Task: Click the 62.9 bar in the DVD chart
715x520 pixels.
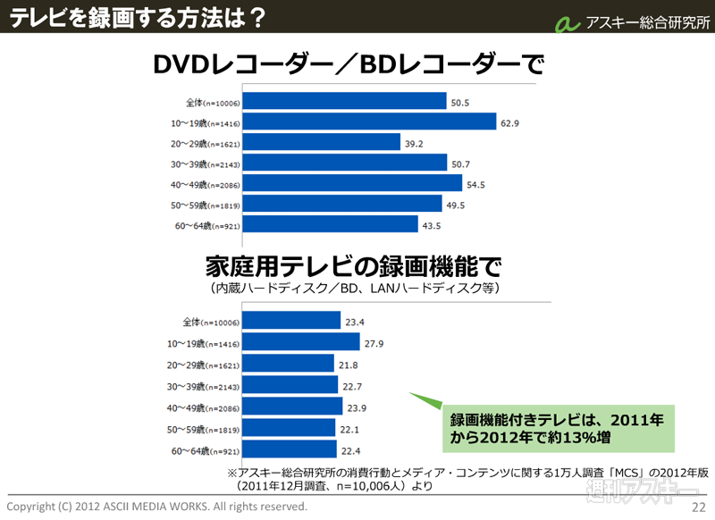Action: pos(370,122)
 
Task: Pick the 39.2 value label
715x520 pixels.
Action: pos(412,143)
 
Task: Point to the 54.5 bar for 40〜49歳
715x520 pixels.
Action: pos(353,183)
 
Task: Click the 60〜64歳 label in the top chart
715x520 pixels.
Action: pos(206,225)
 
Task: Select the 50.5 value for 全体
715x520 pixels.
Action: pos(460,102)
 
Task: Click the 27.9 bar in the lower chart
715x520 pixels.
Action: pos(302,342)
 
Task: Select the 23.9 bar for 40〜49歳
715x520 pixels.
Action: pos(293,407)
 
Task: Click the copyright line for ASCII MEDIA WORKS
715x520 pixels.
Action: pos(156,507)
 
